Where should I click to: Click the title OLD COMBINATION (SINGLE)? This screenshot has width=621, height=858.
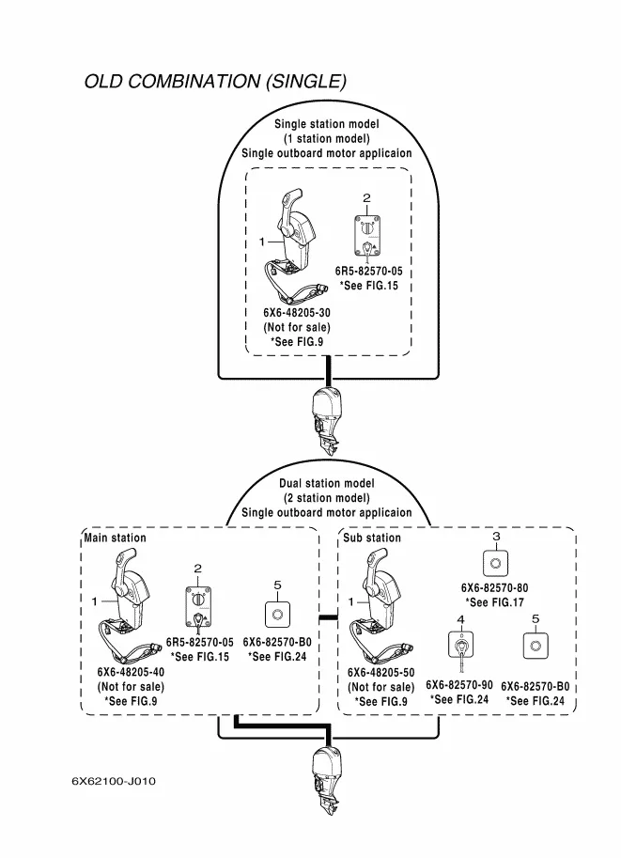click(215, 81)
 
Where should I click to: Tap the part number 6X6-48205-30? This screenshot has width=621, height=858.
click(297, 313)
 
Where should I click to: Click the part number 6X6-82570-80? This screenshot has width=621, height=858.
click(495, 587)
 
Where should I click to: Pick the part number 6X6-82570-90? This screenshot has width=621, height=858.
click(459, 685)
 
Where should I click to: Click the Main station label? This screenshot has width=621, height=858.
click(116, 538)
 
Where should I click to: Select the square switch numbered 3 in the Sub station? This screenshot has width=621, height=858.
click(495, 562)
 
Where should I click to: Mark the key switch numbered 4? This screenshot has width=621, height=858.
click(460, 646)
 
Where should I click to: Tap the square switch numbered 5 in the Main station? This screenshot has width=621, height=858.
click(277, 616)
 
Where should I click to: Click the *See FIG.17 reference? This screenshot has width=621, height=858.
click(495, 602)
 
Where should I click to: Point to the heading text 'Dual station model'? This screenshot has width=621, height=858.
click(326, 484)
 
